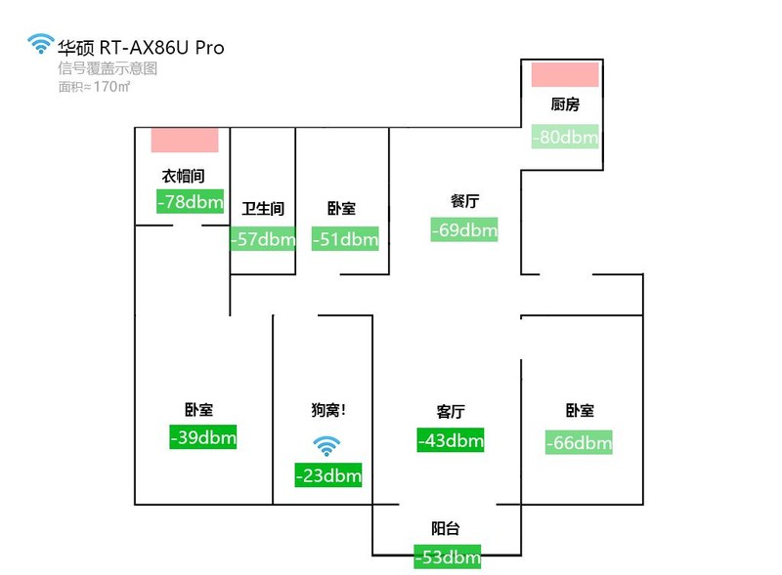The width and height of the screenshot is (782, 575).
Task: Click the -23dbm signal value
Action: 328,476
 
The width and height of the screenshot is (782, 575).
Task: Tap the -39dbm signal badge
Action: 203,437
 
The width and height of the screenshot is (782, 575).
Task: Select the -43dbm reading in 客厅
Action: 451,440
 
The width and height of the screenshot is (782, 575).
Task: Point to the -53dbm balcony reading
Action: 447,557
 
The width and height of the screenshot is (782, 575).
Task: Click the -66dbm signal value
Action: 579,443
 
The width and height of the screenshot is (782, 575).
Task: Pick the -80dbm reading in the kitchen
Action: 564,137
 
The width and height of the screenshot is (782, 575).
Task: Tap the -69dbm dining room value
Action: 464,230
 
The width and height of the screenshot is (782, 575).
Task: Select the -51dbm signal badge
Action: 345,239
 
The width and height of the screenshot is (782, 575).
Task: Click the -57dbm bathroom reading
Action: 263,239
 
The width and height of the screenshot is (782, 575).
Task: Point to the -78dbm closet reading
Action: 190,202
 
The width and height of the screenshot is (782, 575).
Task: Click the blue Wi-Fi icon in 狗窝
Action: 326,447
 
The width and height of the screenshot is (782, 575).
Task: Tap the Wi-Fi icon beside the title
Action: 40,44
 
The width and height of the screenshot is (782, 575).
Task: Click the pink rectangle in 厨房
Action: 564,75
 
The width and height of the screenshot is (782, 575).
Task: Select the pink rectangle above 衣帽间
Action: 184,141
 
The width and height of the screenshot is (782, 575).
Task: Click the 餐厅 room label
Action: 464,201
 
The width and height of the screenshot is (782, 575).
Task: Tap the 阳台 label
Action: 445,529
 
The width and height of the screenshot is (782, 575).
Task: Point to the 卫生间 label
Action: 263,209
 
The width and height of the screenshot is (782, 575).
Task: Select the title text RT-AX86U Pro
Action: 161,47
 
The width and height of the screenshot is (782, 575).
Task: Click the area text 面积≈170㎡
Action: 95,87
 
